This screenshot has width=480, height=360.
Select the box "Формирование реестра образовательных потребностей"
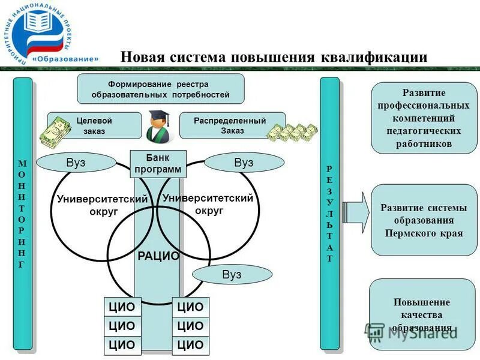point(160,89)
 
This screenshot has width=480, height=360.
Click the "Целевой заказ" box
point(94,126)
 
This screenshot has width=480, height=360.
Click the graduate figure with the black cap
point(158,127)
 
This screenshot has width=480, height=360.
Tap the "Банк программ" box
point(158,164)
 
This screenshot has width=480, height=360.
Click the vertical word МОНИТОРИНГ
point(22,213)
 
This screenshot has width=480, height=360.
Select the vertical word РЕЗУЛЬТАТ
point(329,213)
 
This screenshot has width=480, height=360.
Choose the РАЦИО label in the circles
point(158,256)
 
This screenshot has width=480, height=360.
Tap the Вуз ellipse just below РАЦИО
point(231,274)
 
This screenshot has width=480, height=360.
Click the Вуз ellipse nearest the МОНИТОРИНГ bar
point(76,163)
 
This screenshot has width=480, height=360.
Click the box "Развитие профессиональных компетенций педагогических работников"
point(424,119)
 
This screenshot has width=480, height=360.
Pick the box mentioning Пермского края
point(424,220)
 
